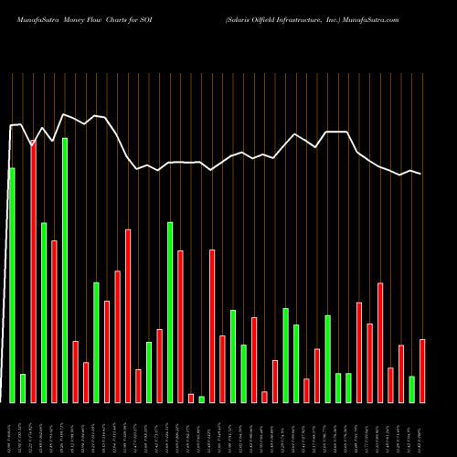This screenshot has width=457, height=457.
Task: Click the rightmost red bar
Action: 422,370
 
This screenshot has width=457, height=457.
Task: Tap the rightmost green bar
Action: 411,389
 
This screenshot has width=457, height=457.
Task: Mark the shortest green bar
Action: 201,399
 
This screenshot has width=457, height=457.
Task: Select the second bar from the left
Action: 23,388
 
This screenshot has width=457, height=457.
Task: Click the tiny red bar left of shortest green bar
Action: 191,398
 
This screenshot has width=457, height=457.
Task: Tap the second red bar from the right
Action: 401,374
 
